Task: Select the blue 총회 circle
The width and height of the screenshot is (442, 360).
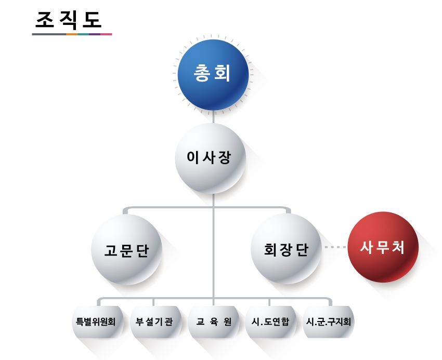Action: (214, 73)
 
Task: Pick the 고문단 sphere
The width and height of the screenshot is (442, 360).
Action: (126, 249)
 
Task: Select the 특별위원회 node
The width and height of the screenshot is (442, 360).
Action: (94, 322)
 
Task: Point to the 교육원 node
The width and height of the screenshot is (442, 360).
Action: (213, 322)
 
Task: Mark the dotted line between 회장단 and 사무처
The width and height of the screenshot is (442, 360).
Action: (335, 247)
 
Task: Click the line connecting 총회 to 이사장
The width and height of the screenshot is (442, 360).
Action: (214, 117)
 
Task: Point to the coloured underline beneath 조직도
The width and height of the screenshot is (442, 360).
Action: (72, 34)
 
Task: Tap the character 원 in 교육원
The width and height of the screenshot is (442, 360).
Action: (227, 322)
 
